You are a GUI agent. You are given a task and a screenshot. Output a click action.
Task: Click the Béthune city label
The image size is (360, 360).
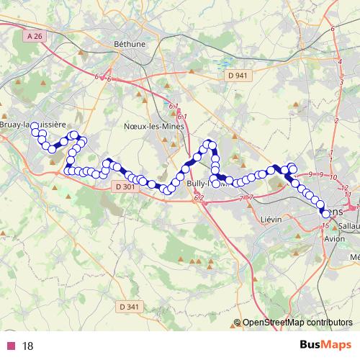coord(130,43)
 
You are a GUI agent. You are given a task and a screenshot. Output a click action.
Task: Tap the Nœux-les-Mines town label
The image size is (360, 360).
coord(153,125)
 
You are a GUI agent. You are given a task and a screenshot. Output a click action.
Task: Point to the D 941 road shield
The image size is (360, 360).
coord(235,75)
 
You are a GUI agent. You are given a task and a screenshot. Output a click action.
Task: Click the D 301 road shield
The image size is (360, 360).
coord(125,186)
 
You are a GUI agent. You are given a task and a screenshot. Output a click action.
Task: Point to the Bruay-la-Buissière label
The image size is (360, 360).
coord(33,125)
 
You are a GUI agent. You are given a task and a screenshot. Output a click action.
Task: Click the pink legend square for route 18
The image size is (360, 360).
coord(10,346)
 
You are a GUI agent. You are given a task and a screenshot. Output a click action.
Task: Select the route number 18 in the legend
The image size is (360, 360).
coord(28,346)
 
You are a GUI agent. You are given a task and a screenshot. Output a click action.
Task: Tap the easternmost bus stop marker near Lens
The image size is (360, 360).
coord(326,213)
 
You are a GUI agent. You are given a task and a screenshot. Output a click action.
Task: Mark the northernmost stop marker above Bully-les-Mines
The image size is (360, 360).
coord(210,143)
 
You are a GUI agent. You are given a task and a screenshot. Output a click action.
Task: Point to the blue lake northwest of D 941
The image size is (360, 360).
coord(225,62)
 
